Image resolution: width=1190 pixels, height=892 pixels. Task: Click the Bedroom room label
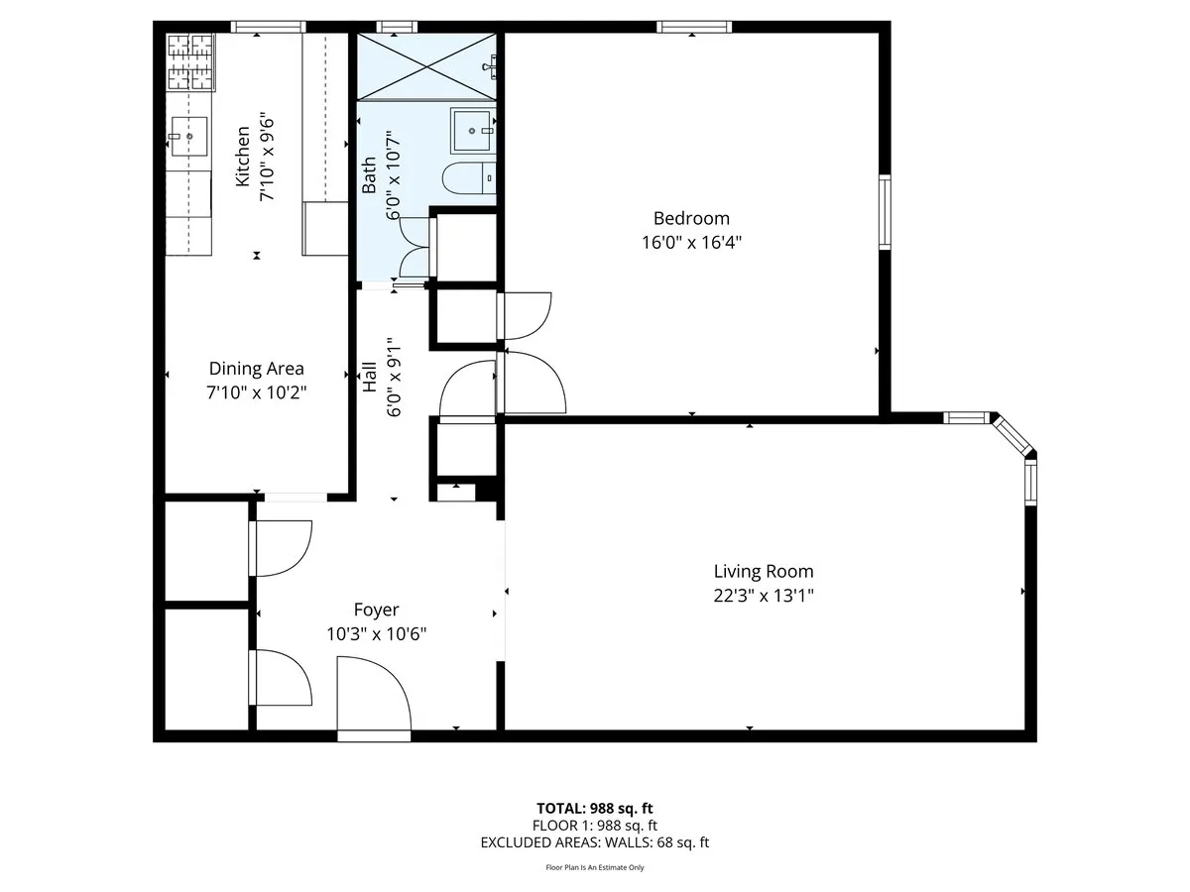tap(690, 218)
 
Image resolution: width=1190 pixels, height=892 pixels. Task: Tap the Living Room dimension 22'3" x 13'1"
tap(764, 595)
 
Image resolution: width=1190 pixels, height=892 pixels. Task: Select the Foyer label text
tap(376, 610)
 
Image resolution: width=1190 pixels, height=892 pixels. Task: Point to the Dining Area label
tap(256, 369)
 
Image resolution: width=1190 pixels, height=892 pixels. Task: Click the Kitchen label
tap(242, 157)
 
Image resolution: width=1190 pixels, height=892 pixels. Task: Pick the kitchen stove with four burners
tap(189, 62)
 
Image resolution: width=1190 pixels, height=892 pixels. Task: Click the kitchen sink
tap(187, 137)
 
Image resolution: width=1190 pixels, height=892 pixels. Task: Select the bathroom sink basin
tap(472, 129)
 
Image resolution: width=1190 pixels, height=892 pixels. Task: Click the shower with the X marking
tap(425, 65)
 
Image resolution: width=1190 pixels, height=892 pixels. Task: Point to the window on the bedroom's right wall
tap(885, 212)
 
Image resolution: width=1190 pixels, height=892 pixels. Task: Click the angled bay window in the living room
tap(1011, 435)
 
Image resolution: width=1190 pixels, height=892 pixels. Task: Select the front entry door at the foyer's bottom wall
tap(373, 735)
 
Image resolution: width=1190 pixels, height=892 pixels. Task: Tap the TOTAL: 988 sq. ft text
tap(594, 808)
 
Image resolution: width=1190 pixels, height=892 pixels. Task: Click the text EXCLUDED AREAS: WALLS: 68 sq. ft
tap(594, 842)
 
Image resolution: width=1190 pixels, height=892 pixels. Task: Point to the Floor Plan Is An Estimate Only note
tap(594, 867)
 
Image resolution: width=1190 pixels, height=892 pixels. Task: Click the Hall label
tap(369, 377)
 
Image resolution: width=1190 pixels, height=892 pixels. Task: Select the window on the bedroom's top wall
tap(694, 27)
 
